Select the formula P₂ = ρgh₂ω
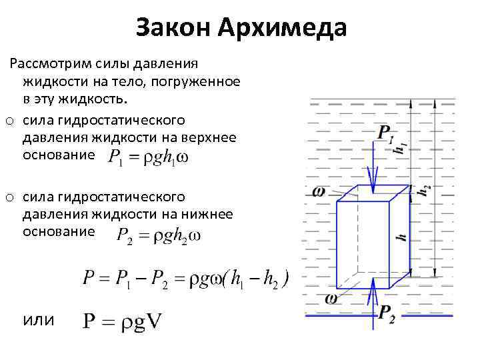pos(158,235)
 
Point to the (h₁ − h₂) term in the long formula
pos(255,279)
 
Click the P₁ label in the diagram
pos(385,133)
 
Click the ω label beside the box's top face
pos(318,191)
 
